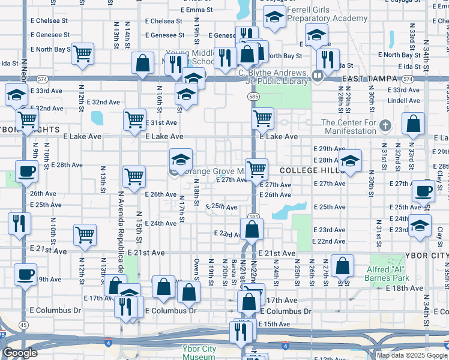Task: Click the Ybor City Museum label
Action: click(199, 352)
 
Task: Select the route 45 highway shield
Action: click(23, 325)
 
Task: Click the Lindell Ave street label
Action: click(403, 101)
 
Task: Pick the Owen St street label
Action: click(196, 269)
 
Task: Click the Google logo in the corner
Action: click(20, 353)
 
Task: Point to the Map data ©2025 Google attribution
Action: click(412, 355)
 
